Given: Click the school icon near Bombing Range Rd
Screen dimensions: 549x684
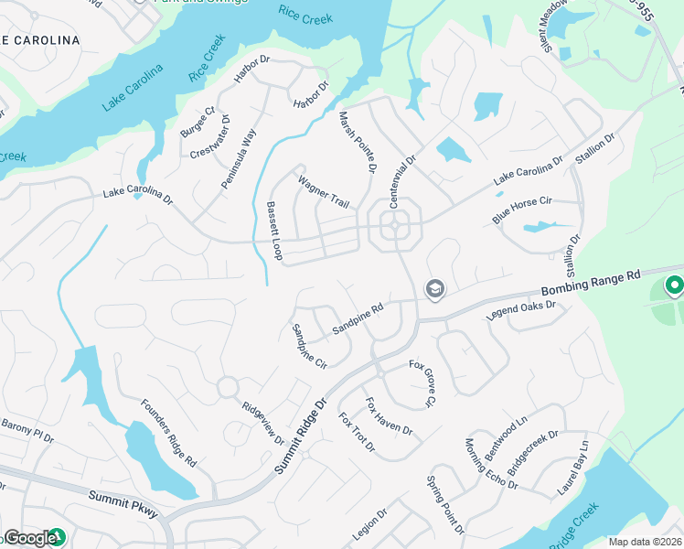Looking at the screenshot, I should pyautogui.click(x=434, y=290).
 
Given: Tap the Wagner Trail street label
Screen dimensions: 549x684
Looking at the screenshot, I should pyautogui.click(x=323, y=192).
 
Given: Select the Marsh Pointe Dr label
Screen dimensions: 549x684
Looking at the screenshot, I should pyautogui.click(x=358, y=142).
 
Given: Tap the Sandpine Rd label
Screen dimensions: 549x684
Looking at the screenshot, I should pyautogui.click(x=357, y=318).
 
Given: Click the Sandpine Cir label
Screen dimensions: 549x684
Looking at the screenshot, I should pyautogui.click(x=308, y=346).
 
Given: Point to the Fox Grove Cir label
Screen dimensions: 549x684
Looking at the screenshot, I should pyautogui.click(x=422, y=382).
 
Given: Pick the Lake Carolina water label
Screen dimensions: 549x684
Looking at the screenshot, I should pyautogui.click(x=133, y=88).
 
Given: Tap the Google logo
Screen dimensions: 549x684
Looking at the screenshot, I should pyautogui.click(x=29, y=537).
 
